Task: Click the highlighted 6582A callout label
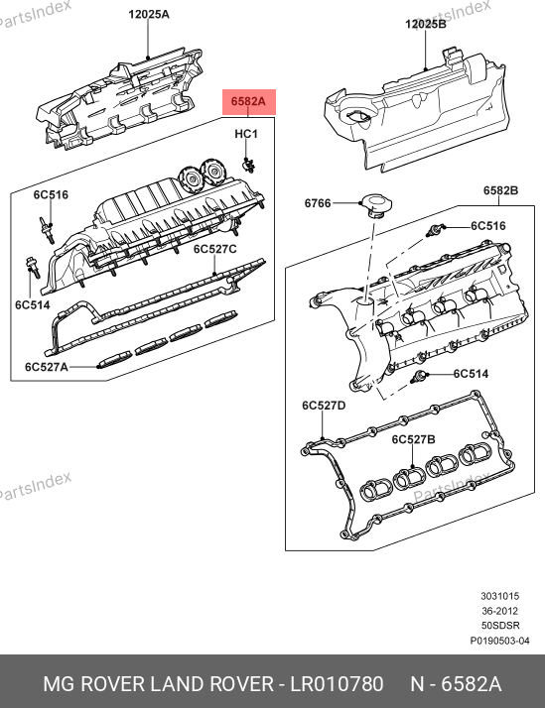(248, 101)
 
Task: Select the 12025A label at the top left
(149, 15)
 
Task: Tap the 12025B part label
(426, 24)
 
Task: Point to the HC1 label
(246, 134)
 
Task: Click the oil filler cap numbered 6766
(375, 206)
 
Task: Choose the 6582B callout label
(500, 190)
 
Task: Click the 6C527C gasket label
(215, 249)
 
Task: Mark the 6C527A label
(47, 367)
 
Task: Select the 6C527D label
(324, 406)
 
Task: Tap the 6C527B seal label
(414, 439)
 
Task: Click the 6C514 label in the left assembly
(33, 305)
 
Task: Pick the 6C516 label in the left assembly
(51, 194)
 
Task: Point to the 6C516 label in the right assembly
(488, 226)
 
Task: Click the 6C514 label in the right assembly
(471, 374)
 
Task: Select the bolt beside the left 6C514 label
(34, 268)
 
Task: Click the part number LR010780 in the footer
(337, 683)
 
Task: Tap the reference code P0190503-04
(499, 641)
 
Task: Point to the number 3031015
(499, 597)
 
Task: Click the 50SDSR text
(500, 626)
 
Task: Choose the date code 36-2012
(499, 611)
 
